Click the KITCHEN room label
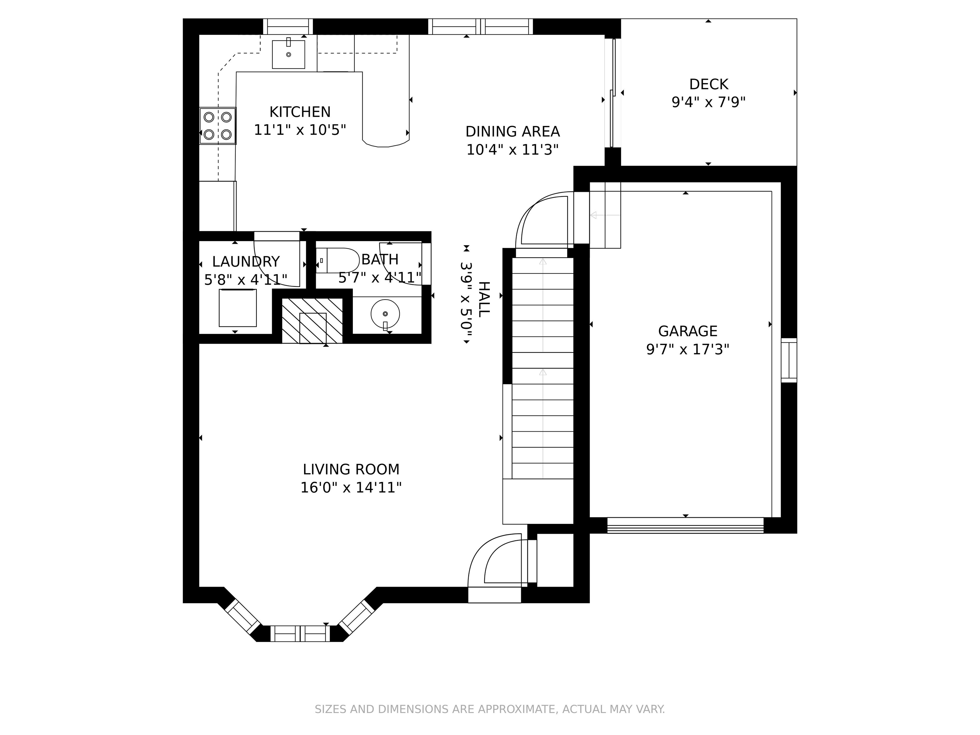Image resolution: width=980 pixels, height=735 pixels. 300,112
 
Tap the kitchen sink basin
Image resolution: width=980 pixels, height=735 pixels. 288,54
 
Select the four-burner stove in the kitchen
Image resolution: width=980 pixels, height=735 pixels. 218,126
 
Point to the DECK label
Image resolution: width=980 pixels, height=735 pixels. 709,84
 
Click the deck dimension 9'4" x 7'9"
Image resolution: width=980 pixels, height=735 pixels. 709,102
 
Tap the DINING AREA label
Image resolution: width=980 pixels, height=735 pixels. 513,131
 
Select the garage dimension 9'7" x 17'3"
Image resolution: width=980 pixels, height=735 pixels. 687,350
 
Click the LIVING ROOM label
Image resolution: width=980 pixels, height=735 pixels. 351,469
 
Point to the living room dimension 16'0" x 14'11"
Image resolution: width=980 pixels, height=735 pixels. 351,488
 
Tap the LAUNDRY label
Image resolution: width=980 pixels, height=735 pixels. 246,262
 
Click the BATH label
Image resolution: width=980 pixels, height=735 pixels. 380,259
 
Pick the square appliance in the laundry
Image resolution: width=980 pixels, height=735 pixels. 237,308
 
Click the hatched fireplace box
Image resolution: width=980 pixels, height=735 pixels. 312,321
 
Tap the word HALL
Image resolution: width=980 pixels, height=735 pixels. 484,299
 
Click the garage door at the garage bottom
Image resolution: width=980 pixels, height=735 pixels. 685,525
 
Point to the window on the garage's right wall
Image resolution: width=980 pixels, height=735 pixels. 789,360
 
